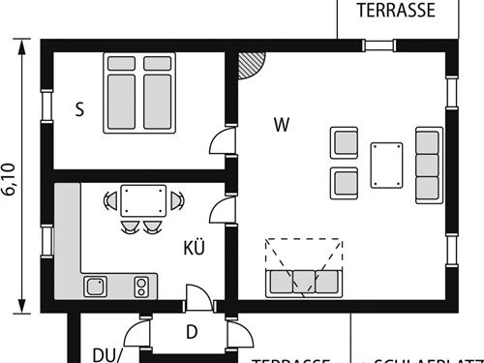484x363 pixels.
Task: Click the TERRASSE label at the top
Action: point(395,11)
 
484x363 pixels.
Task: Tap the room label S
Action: point(79,109)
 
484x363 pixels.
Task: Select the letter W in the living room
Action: point(282,124)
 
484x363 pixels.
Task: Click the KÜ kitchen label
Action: point(194,248)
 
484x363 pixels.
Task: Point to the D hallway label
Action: point(192,333)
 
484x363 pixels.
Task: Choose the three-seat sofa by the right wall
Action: point(428,164)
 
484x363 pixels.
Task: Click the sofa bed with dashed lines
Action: point(303,268)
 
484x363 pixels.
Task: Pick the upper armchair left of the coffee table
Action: point(345,142)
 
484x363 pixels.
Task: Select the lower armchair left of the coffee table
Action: point(345,182)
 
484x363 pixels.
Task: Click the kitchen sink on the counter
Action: point(95,286)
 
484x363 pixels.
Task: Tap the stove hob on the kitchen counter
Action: point(141,286)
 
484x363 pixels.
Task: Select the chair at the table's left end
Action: point(110,200)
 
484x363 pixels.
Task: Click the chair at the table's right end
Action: point(177,200)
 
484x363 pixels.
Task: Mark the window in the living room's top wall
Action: point(378,45)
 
